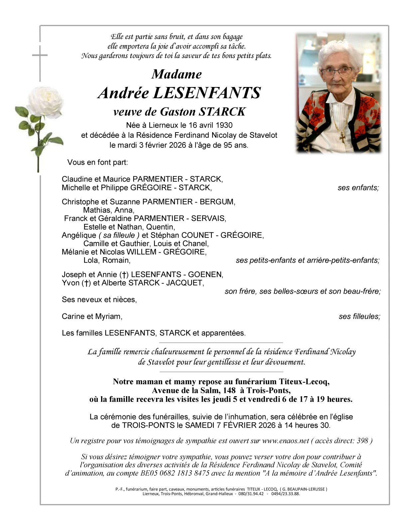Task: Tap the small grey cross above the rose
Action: coord(40,55)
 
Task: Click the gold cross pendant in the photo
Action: coord(342,137)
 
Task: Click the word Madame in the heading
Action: coord(177,74)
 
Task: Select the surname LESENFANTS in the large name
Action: coord(207,93)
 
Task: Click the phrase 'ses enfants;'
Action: coord(358,188)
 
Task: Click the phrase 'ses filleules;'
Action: coord(359,316)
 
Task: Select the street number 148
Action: coord(229,391)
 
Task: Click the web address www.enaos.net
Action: coord(286,441)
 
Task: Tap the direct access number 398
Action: coord(362,441)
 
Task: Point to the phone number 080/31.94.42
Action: coord(251,494)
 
